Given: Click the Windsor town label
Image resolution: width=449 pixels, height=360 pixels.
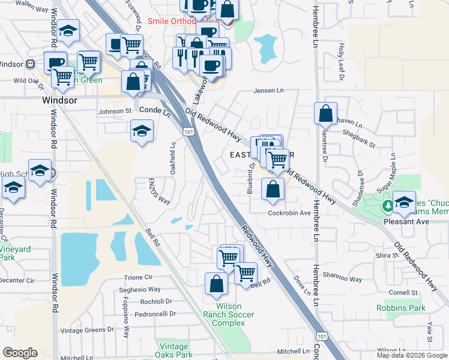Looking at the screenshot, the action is pyautogui.click(x=60, y=101).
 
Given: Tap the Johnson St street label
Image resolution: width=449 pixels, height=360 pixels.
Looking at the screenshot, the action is pyautogui.click(x=115, y=111).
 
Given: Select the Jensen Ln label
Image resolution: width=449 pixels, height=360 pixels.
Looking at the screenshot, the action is pyautogui.click(x=268, y=91).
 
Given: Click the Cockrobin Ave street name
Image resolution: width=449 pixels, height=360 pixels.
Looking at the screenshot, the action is pyautogui.click(x=289, y=213).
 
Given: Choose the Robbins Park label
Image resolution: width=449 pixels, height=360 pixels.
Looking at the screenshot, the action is pyautogui.click(x=401, y=308).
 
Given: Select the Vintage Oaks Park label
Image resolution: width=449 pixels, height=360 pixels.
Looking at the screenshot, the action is pyautogui.click(x=175, y=350).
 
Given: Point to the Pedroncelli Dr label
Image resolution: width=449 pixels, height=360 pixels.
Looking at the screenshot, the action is pyautogui.click(x=155, y=313).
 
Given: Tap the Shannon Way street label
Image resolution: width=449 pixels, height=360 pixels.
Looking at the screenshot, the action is pyautogui.click(x=342, y=279).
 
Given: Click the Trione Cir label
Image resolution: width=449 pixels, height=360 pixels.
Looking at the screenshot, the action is pyautogui.click(x=139, y=278).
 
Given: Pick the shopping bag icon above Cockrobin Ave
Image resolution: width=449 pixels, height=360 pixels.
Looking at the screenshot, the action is pyautogui.click(x=273, y=189).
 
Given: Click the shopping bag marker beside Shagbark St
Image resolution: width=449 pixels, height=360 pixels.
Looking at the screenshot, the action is pyautogui.click(x=325, y=113).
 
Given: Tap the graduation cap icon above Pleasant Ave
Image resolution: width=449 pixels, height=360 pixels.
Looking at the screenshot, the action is pyautogui.click(x=404, y=202).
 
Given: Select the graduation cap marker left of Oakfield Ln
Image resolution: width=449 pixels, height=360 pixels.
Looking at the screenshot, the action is pyautogui.click(x=142, y=131).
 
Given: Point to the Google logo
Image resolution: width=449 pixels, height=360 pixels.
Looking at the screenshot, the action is pyautogui.click(x=20, y=353).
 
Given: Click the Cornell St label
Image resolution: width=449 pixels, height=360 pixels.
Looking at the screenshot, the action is pyautogui.click(x=403, y=293).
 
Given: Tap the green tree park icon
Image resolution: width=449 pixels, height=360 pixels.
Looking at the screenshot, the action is pyautogui.click(x=388, y=207).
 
